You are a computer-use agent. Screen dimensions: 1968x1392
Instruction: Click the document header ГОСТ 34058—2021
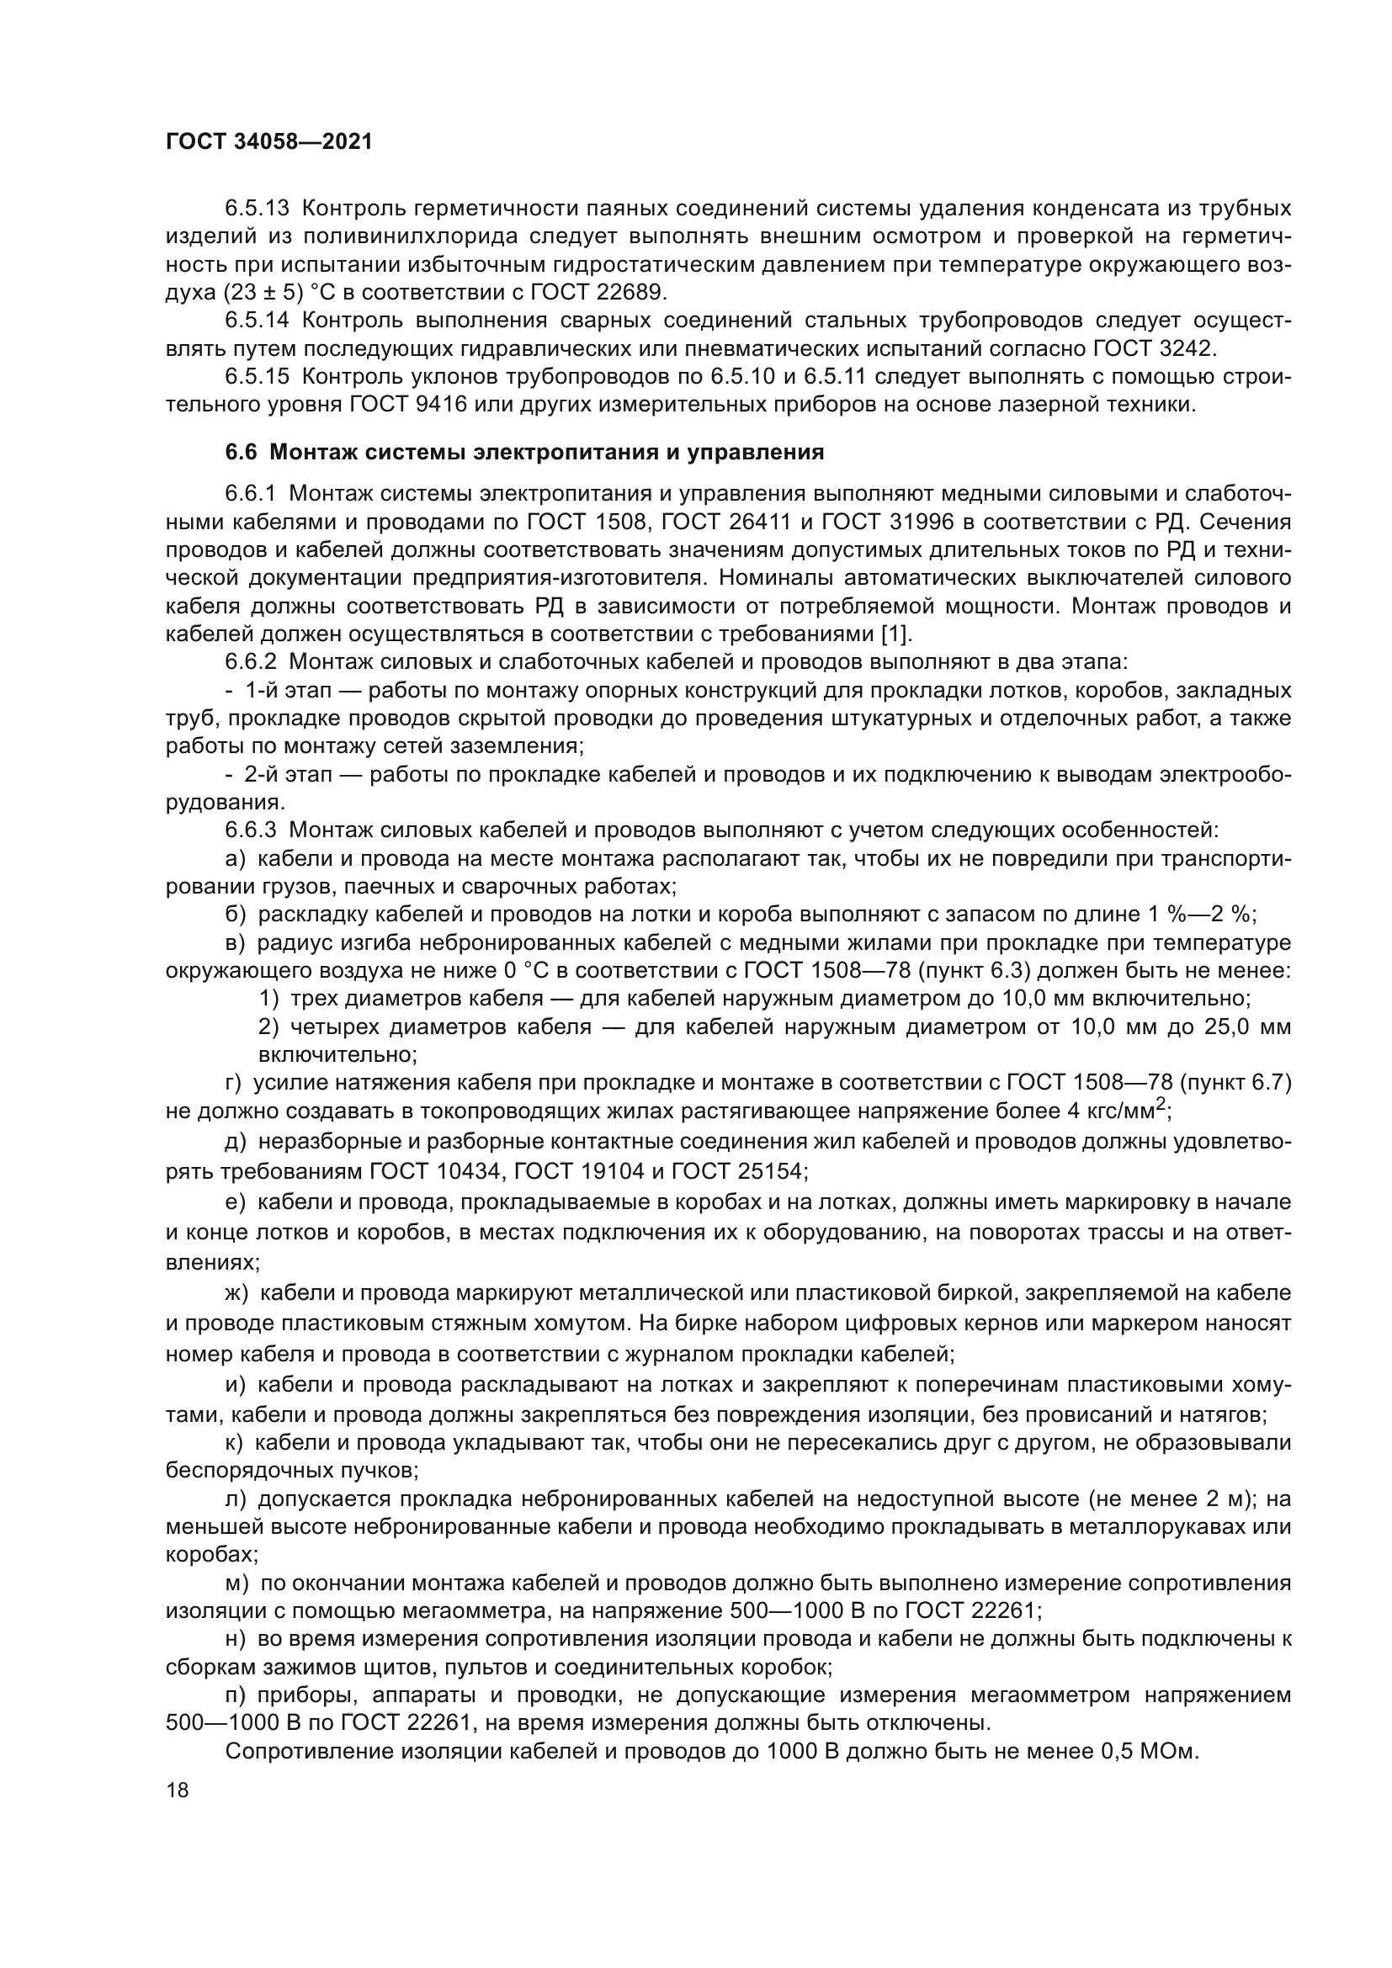coord(269,142)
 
